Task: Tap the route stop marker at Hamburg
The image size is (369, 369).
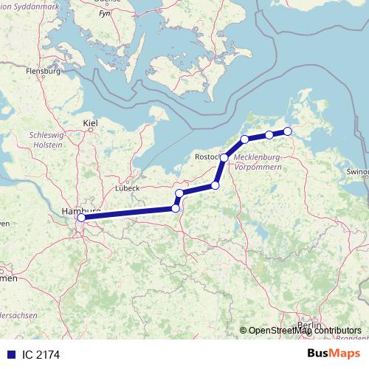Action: (x=81, y=218)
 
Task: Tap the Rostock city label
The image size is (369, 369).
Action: (x=207, y=157)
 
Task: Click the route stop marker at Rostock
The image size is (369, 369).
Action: (x=224, y=158)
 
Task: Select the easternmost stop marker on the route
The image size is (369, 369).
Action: (x=288, y=131)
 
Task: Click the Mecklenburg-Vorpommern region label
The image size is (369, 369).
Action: (x=257, y=162)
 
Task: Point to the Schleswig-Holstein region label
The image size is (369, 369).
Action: (x=46, y=140)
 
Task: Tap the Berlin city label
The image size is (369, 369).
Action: (x=309, y=325)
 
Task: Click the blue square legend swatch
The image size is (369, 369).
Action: (x=11, y=354)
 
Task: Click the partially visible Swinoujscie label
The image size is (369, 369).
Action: (x=357, y=171)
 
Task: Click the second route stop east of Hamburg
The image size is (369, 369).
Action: (x=179, y=193)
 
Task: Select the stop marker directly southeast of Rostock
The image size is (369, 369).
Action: (x=215, y=185)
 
